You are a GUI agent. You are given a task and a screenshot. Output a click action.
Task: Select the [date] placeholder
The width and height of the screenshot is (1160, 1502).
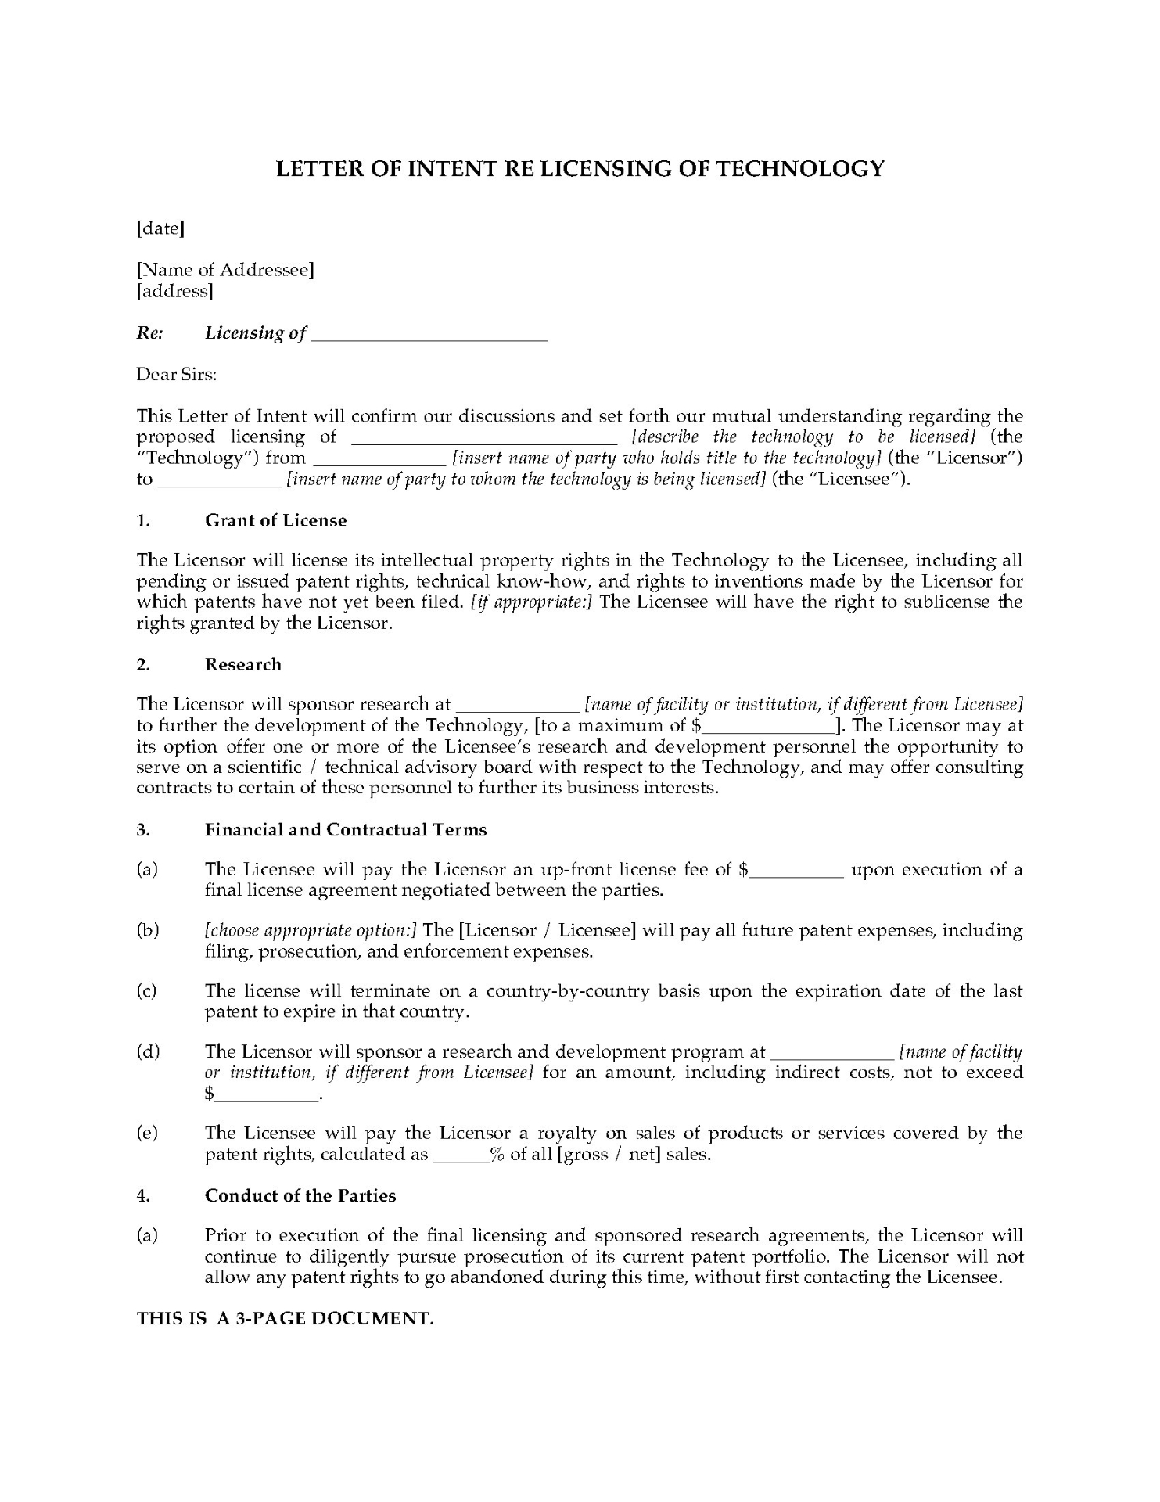point(160,228)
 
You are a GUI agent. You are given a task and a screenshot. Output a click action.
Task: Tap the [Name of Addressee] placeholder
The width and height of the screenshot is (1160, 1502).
point(225,270)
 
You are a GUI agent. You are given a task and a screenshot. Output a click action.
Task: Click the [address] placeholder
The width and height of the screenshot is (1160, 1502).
point(174,291)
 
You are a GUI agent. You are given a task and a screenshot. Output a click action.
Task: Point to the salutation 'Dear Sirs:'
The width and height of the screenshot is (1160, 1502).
point(176,374)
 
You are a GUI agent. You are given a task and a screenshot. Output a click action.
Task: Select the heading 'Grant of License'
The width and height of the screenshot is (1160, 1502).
point(275,520)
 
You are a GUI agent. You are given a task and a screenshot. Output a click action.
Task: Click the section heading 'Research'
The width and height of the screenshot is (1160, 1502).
point(242,664)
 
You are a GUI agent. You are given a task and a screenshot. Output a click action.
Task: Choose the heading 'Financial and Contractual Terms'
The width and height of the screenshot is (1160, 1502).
point(346,829)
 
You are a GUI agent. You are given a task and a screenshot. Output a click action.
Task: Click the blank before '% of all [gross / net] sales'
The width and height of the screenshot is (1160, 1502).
point(461,1155)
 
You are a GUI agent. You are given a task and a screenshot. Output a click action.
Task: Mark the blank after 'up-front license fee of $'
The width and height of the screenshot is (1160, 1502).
point(796,871)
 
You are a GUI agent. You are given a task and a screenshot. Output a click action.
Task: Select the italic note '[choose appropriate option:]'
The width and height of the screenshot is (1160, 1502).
point(311,930)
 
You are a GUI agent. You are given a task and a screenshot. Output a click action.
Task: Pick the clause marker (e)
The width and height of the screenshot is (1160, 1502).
point(147,1133)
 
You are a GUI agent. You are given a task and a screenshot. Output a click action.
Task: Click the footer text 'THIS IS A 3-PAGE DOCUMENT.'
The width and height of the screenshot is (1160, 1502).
point(286,1318)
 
